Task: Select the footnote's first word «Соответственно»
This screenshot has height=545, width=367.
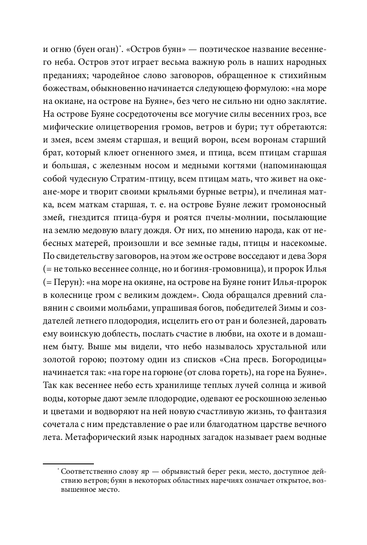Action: click(x=82, y=472)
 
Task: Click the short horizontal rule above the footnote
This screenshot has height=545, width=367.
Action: click(x=69, y=463)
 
